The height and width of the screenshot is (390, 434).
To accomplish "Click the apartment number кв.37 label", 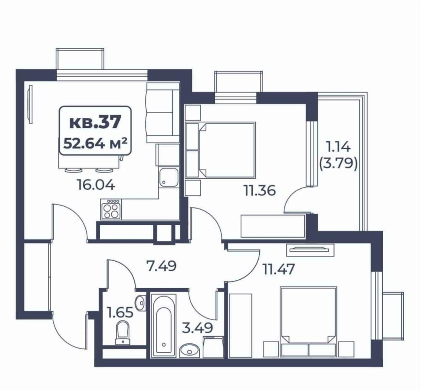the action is [x=95, y=122].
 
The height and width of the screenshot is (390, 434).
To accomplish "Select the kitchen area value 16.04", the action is [x=96, y=185].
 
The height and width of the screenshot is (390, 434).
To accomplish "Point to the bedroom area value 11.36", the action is [x=259, y=190].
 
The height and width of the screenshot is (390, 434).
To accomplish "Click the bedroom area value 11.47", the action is [x=279, y=269].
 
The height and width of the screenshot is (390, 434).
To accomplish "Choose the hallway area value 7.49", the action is [x=161, y=266].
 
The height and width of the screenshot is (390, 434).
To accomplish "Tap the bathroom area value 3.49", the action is [x=197, y=328].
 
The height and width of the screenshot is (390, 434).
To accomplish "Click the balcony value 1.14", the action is [x=338, y=146].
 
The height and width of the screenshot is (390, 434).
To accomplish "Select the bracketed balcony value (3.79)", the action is [x=338, y=164].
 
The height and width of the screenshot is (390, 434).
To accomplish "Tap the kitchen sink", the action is [x=169, y=177].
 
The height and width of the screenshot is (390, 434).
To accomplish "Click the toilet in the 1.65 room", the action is [x=122, y=333].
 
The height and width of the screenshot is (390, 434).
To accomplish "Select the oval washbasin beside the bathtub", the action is [x=189, y=350].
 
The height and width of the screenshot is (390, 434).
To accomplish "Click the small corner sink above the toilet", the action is [x=141, y=303].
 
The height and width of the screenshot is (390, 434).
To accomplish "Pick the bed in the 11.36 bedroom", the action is [x=226, y=150].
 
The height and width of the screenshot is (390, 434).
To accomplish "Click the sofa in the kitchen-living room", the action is [x=163, y=113].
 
